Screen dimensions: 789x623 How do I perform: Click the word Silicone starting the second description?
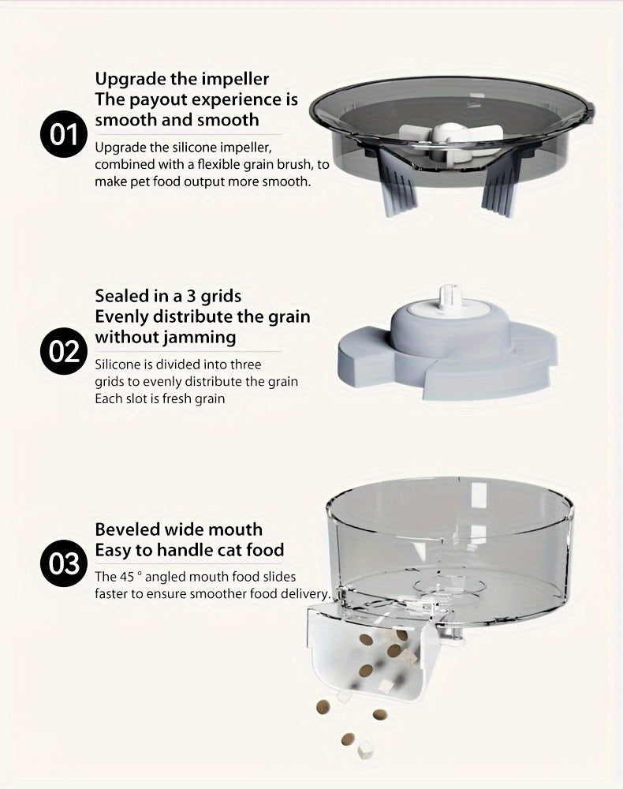point(119,365)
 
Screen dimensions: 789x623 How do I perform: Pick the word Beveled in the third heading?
point(128,529)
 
